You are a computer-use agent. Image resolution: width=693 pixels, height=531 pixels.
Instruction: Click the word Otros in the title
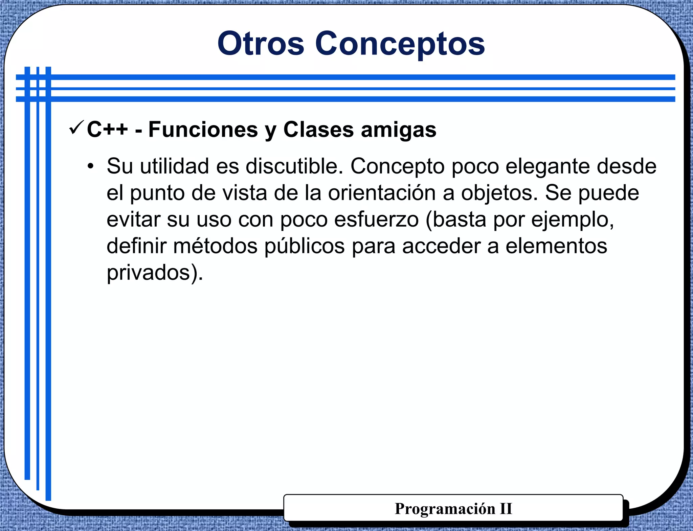[x=261, y=44]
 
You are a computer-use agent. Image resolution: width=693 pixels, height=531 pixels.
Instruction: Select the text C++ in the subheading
[x=107, y=130]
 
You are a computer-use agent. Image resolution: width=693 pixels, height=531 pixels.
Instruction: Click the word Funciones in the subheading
[x=203, y=130]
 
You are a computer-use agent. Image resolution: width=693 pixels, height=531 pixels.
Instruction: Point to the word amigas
[x=398, y=130]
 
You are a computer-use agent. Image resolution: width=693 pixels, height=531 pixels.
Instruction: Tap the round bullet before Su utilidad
[x=90, y=166]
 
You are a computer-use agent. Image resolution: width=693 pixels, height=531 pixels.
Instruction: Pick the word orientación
[x=382, y=193]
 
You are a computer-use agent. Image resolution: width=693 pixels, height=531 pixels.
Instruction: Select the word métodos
[x=215, y=246]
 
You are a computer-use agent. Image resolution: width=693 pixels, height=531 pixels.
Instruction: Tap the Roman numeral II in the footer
[x=506, y=509]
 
